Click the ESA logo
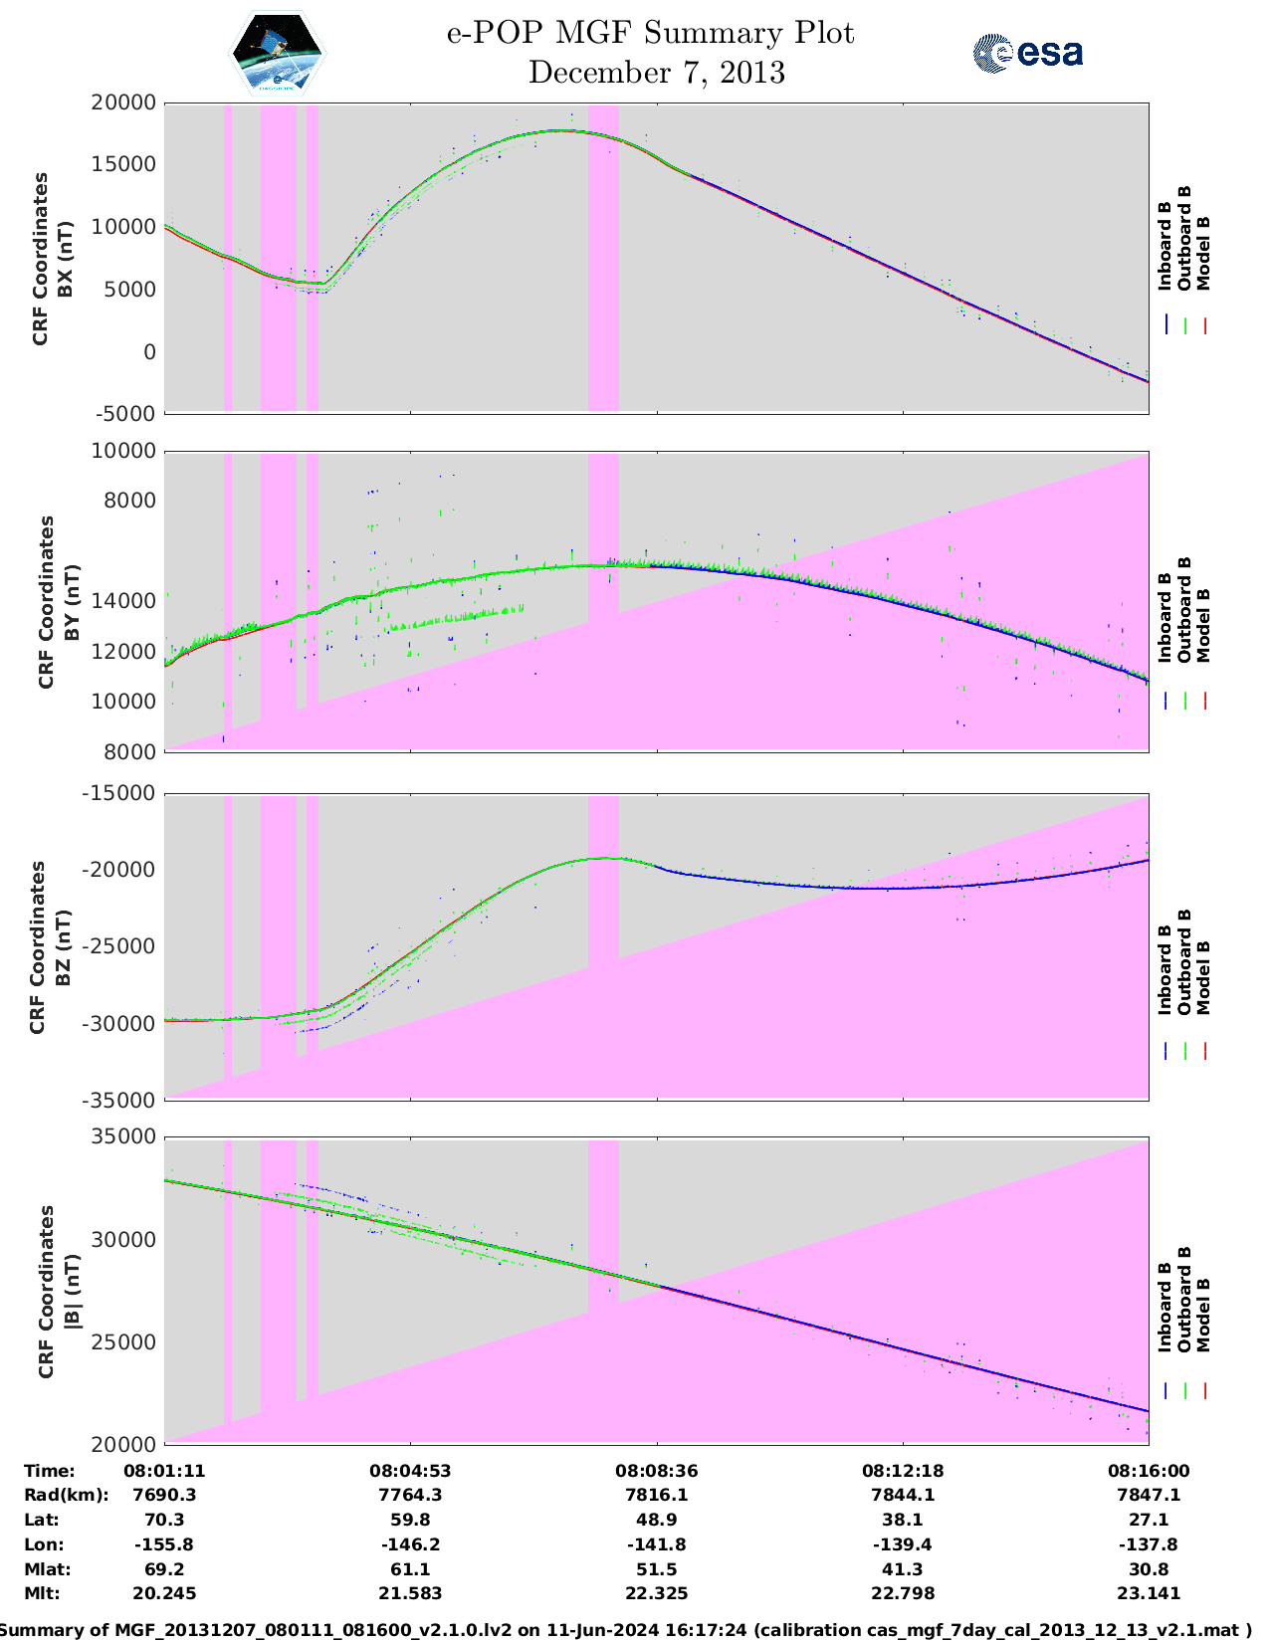[1027, 53]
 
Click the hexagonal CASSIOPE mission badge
[278, 53]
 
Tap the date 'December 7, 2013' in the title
[656, 73]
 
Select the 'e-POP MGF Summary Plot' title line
[650, 33]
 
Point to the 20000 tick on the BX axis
[123, 103]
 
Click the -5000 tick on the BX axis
[126, 413]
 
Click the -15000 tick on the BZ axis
[123, 793]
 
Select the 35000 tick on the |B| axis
[123, 1136]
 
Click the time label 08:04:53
[410, 1471]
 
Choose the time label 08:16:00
[1149, 1471]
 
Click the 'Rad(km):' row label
[66, 1495]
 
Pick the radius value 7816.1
[656, 1495]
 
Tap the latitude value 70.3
[164, 1520]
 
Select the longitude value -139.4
[902, 1544]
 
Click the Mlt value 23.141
[1149, 1593]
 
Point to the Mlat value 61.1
[410, 1569]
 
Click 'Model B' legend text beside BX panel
[1203, 253]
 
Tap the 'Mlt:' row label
[42, 1593]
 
